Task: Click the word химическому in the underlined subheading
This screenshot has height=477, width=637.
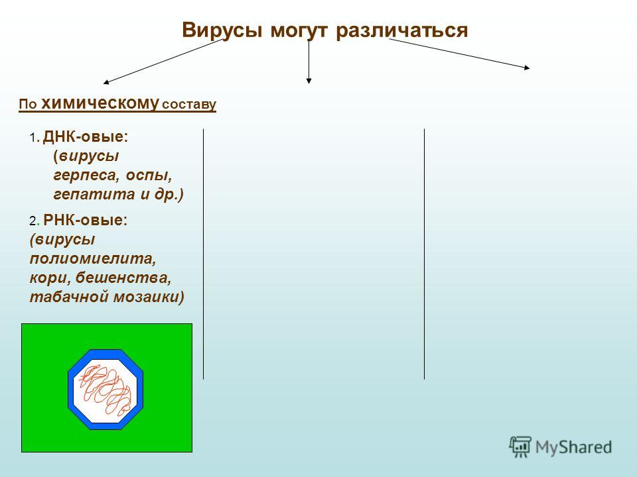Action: coord(100,103)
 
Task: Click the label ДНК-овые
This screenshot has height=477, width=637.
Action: coord(86,136)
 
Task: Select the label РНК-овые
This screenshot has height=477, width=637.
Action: coord(86,220)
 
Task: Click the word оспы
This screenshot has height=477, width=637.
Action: coord(149,176)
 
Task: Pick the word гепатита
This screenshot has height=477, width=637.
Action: coord(94,195)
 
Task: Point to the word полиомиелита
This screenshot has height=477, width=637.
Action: coord(93,258)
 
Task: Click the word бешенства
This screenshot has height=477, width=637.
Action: coord(123,278)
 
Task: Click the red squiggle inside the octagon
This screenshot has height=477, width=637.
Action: coord(106,390)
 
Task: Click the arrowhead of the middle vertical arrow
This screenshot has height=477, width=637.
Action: coord(309,81)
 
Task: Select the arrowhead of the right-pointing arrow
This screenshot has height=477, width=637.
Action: coord(527,68)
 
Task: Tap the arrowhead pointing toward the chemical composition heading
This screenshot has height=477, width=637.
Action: coord(106,82)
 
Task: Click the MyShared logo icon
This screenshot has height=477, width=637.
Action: coord(520,447)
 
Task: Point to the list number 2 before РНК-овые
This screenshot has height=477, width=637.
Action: coord(33,221)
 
